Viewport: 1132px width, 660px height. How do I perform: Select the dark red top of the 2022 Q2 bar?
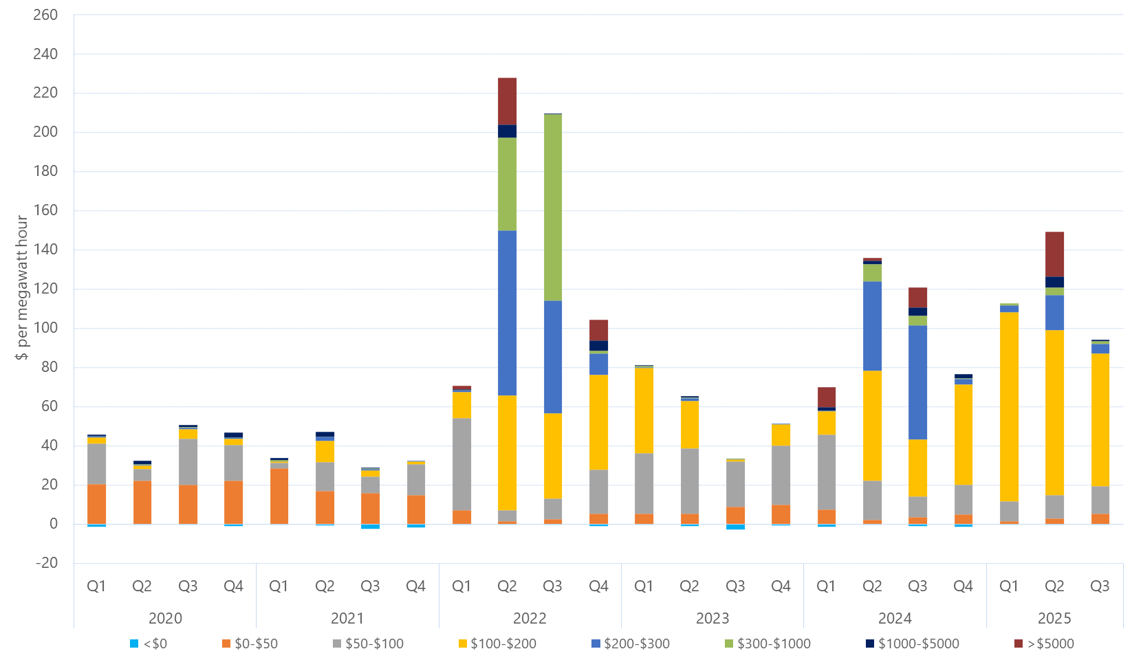[x=507, y=101]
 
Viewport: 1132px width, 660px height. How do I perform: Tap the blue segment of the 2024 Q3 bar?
[x=917, y=382]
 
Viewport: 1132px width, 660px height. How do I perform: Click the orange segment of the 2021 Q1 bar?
[x=279, y=496]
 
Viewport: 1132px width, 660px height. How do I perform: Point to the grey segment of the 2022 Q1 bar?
[x=461, y=464]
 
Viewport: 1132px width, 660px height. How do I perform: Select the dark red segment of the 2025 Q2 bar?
[x=1054, y=254]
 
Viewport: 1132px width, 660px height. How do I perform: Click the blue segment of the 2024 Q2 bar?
[x=872, y=326]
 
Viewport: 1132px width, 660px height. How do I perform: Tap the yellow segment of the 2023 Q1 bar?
[x=644, y=410]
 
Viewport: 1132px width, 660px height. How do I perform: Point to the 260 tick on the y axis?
[x=45, y=15]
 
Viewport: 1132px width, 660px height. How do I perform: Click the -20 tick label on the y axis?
[x=47, y=562]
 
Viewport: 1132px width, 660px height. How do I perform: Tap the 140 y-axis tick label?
[x=45, y=250]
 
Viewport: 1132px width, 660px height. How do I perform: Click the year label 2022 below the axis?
[x=530, y=618]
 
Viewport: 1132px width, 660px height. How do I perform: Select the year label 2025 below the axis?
[x=1054, y=618]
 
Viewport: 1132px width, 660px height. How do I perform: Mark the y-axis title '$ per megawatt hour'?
[x=22, y=287]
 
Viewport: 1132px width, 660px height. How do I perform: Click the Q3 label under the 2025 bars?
[x=1100, y=586]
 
